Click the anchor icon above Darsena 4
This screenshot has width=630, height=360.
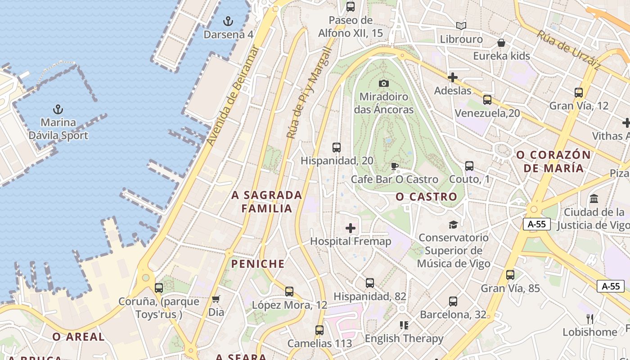228,21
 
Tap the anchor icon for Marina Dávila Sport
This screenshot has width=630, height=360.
58,109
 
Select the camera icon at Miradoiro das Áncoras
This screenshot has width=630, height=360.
383,83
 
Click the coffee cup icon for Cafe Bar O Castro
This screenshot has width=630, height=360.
395,166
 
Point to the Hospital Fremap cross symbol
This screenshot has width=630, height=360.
351,228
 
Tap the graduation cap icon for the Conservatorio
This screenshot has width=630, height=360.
453,224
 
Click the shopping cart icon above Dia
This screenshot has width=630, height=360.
216,299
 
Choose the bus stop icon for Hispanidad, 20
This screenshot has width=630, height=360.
336,147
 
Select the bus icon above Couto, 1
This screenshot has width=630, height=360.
469,166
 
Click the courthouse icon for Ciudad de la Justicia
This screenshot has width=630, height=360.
594,198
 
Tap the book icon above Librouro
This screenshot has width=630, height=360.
461,26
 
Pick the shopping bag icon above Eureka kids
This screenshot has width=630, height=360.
501,43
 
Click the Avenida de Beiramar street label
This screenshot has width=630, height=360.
233,96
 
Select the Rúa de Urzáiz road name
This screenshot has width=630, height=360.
569,50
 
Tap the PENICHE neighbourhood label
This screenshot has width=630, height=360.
258,264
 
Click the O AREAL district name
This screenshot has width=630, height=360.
78,337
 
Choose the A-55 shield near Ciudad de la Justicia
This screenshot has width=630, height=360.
537,224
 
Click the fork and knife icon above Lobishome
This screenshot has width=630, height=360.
590,319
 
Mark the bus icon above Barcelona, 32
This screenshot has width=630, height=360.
453,301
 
